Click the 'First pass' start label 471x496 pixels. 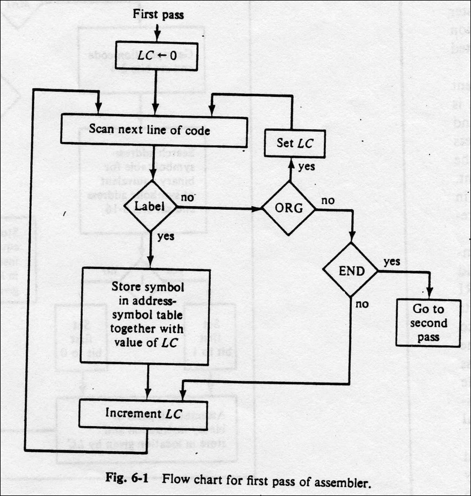[x=158, y=15]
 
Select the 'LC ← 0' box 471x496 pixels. [x=157, y=56]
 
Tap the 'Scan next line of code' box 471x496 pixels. [x=153, y=131]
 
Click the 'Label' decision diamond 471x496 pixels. [x=150, y=207]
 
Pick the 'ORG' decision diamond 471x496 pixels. [x=289, y=209]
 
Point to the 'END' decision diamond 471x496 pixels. [x=351, y=271]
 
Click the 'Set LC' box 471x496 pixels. [x=294, y=143]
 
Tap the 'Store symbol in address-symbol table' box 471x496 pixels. [x=146, y=316]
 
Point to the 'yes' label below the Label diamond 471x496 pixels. [x=166, y=236]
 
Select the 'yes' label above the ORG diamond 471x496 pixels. [x=305, y=167]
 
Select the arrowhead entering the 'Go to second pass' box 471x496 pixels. [x=429, y=295]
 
